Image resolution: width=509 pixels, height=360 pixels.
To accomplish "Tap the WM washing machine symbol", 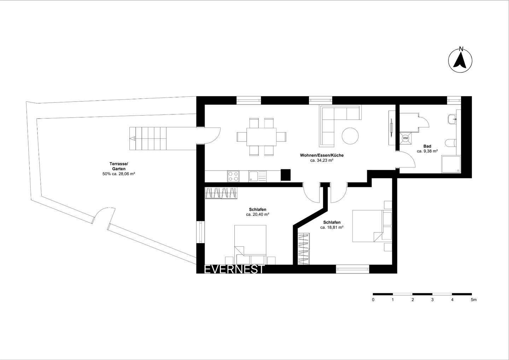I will point(405,138).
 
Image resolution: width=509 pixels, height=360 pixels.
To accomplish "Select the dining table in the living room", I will point(262,136).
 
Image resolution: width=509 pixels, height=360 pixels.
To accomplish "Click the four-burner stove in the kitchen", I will point(233,176).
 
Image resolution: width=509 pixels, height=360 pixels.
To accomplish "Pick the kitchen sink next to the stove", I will point(254,176).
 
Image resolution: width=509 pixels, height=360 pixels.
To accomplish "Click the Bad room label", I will point(427,146).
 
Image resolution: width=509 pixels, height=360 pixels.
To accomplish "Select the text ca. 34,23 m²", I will point(322,160).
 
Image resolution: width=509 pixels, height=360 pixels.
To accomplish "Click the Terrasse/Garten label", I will point(119,166).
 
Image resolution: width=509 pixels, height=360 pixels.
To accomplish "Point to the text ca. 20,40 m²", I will point(257,214).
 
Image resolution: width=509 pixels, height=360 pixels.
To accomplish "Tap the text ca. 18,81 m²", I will point(332,228).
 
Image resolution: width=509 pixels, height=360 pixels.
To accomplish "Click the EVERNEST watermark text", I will point(234,270).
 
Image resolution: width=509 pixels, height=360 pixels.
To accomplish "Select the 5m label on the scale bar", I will point(473,300).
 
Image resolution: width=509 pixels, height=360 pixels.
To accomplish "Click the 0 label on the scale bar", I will point(373,300).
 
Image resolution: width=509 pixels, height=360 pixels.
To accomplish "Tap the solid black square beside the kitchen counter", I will point(286,175).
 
